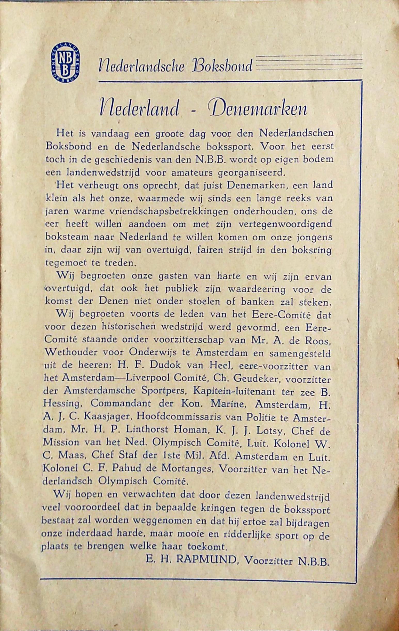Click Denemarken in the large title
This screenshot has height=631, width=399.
point(261,110)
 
